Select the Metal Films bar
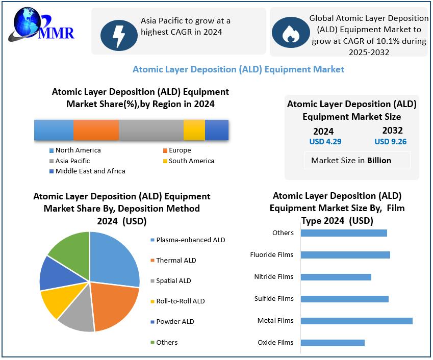[356, 321]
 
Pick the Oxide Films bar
[333, 343]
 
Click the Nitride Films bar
[336, 277]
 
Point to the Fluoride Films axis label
[272, 255]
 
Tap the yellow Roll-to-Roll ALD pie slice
[57, 301]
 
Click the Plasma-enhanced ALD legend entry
[190, 240]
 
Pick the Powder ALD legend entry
[175, 322]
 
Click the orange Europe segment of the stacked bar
[96, 130]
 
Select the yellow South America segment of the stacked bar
[194, 130]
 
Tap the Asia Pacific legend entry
[72, 161]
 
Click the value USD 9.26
[390, 142]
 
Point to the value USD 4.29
[325, 142]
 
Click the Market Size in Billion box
[351, 160]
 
